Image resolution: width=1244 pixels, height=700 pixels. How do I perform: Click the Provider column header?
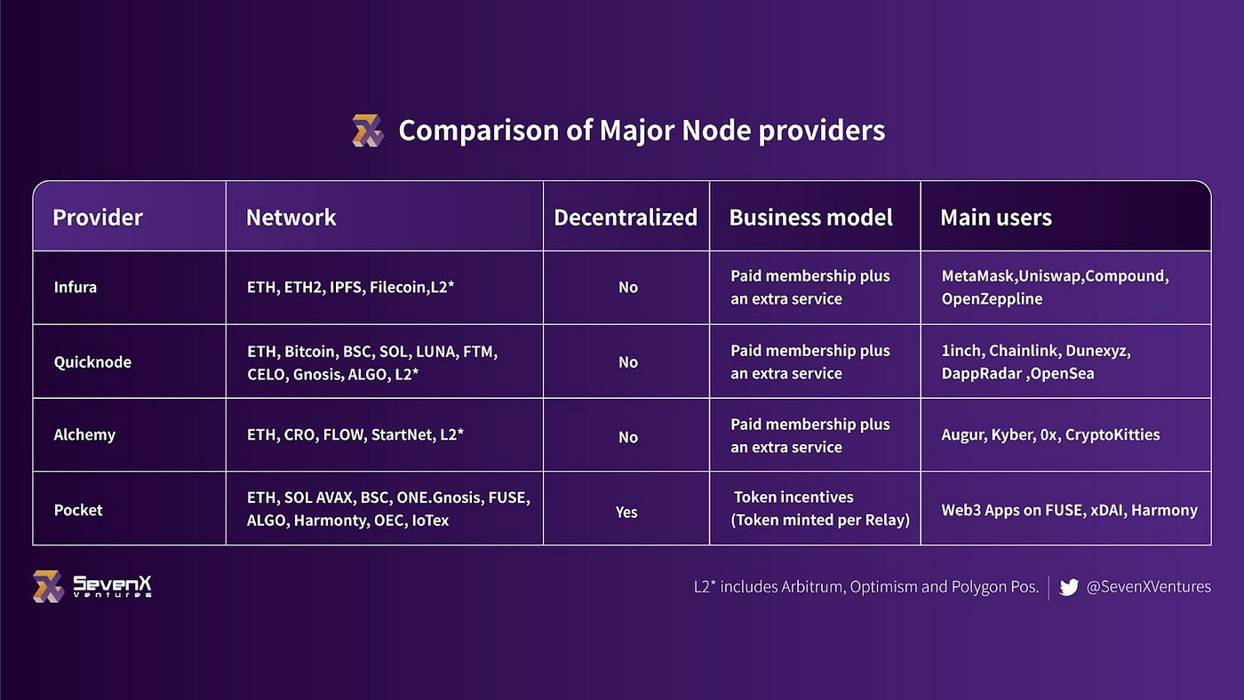tap(98, 218)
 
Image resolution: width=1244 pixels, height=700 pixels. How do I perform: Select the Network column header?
tap(291, 218)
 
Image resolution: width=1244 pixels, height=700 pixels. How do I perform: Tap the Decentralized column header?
tap(626, 218)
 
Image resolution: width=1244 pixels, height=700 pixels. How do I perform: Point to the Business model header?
tap(810, 218)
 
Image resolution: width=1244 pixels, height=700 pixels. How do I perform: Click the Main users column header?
tap(996, 218)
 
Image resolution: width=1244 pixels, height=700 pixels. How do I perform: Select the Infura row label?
tap(76, 288)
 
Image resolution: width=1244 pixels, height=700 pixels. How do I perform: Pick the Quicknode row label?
tap(92, 362)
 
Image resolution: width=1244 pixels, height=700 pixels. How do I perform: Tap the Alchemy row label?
tap(84, 435)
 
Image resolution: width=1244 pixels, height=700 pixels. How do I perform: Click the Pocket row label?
tap(78, 510)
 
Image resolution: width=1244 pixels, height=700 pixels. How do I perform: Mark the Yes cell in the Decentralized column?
tap(626, 512)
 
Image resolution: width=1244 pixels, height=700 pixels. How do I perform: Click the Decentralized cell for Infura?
tap(628, 288)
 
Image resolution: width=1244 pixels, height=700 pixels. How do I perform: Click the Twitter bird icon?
tap(1069, 587)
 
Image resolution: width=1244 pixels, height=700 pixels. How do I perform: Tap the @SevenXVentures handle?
tap(1149, 587)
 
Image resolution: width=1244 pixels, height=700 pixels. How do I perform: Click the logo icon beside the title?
tap(367, 131)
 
